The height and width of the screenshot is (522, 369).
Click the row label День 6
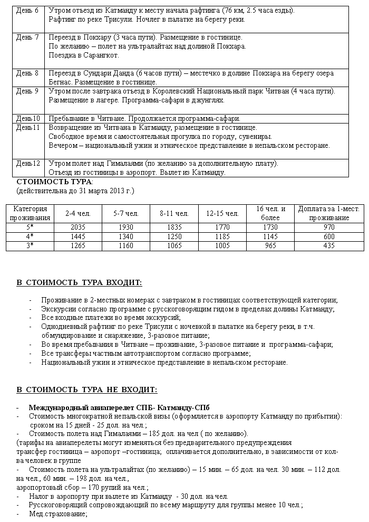27,11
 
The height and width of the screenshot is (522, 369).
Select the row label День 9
27,91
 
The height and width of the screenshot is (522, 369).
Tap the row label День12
28,163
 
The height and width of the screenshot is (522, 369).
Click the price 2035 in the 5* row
77,226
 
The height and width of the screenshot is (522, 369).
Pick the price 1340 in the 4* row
125,236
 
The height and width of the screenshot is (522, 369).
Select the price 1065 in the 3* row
174,246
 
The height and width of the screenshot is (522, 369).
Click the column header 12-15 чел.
222,213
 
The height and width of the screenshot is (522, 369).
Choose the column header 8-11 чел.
174,213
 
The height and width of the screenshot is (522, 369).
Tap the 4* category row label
31,236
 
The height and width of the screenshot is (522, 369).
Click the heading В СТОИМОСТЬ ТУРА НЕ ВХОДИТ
86,390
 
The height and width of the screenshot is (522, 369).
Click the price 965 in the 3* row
270,246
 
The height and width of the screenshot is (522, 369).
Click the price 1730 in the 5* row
270,226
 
